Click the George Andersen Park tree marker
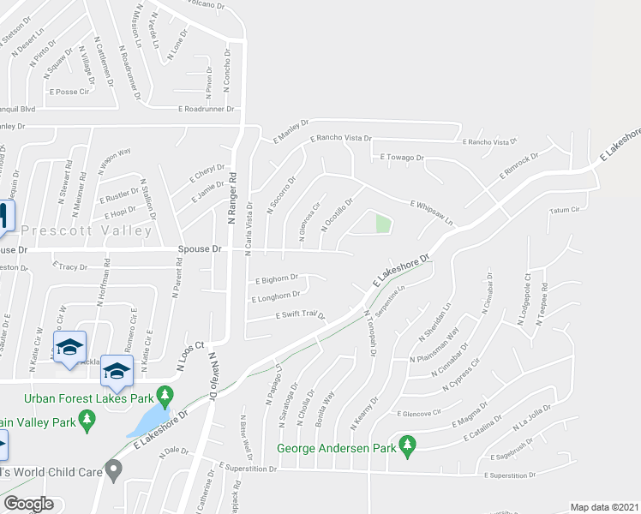coord(408,445)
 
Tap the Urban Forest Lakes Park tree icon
coord(169,396)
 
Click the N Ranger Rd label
coord(231,196)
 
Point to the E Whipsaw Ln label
coord(430,212)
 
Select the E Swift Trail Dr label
coord(300,315)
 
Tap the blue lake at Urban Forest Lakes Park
coord(148,420)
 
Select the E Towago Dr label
coord(402,158)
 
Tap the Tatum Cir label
coord(565,209)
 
